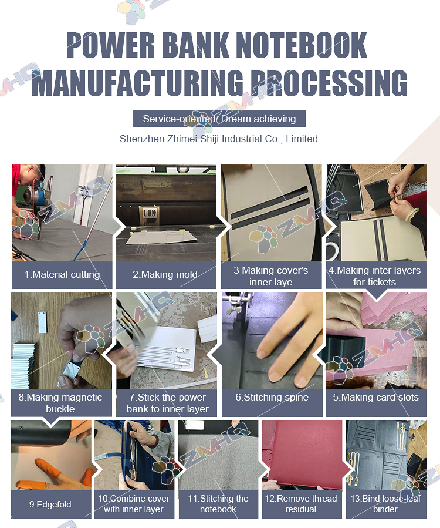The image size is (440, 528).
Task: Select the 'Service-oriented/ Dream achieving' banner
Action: tap(219, 119)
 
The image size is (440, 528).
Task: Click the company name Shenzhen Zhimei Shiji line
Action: tap(219, 139)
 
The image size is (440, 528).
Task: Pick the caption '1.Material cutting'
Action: tap(62, 274)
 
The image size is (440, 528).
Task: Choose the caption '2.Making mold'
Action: tap(165, 274)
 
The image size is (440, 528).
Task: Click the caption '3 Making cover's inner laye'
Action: tap(271, 276)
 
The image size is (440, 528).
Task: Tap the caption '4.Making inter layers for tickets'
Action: tap(375, 276)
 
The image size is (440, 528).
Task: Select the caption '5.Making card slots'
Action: tap(375, 397)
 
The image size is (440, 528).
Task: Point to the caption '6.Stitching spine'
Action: tap(272, 397)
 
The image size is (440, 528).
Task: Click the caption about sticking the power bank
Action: tap(168, 403)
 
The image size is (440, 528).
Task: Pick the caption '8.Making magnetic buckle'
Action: tap(60, 403)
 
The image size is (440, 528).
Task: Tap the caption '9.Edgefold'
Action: tap(50, 504)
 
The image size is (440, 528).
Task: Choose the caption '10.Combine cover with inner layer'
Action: tap(134, 504)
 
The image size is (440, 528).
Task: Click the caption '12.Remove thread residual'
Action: tap(301, 504)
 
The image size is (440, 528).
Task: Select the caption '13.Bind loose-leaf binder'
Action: tap(385, 504)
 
